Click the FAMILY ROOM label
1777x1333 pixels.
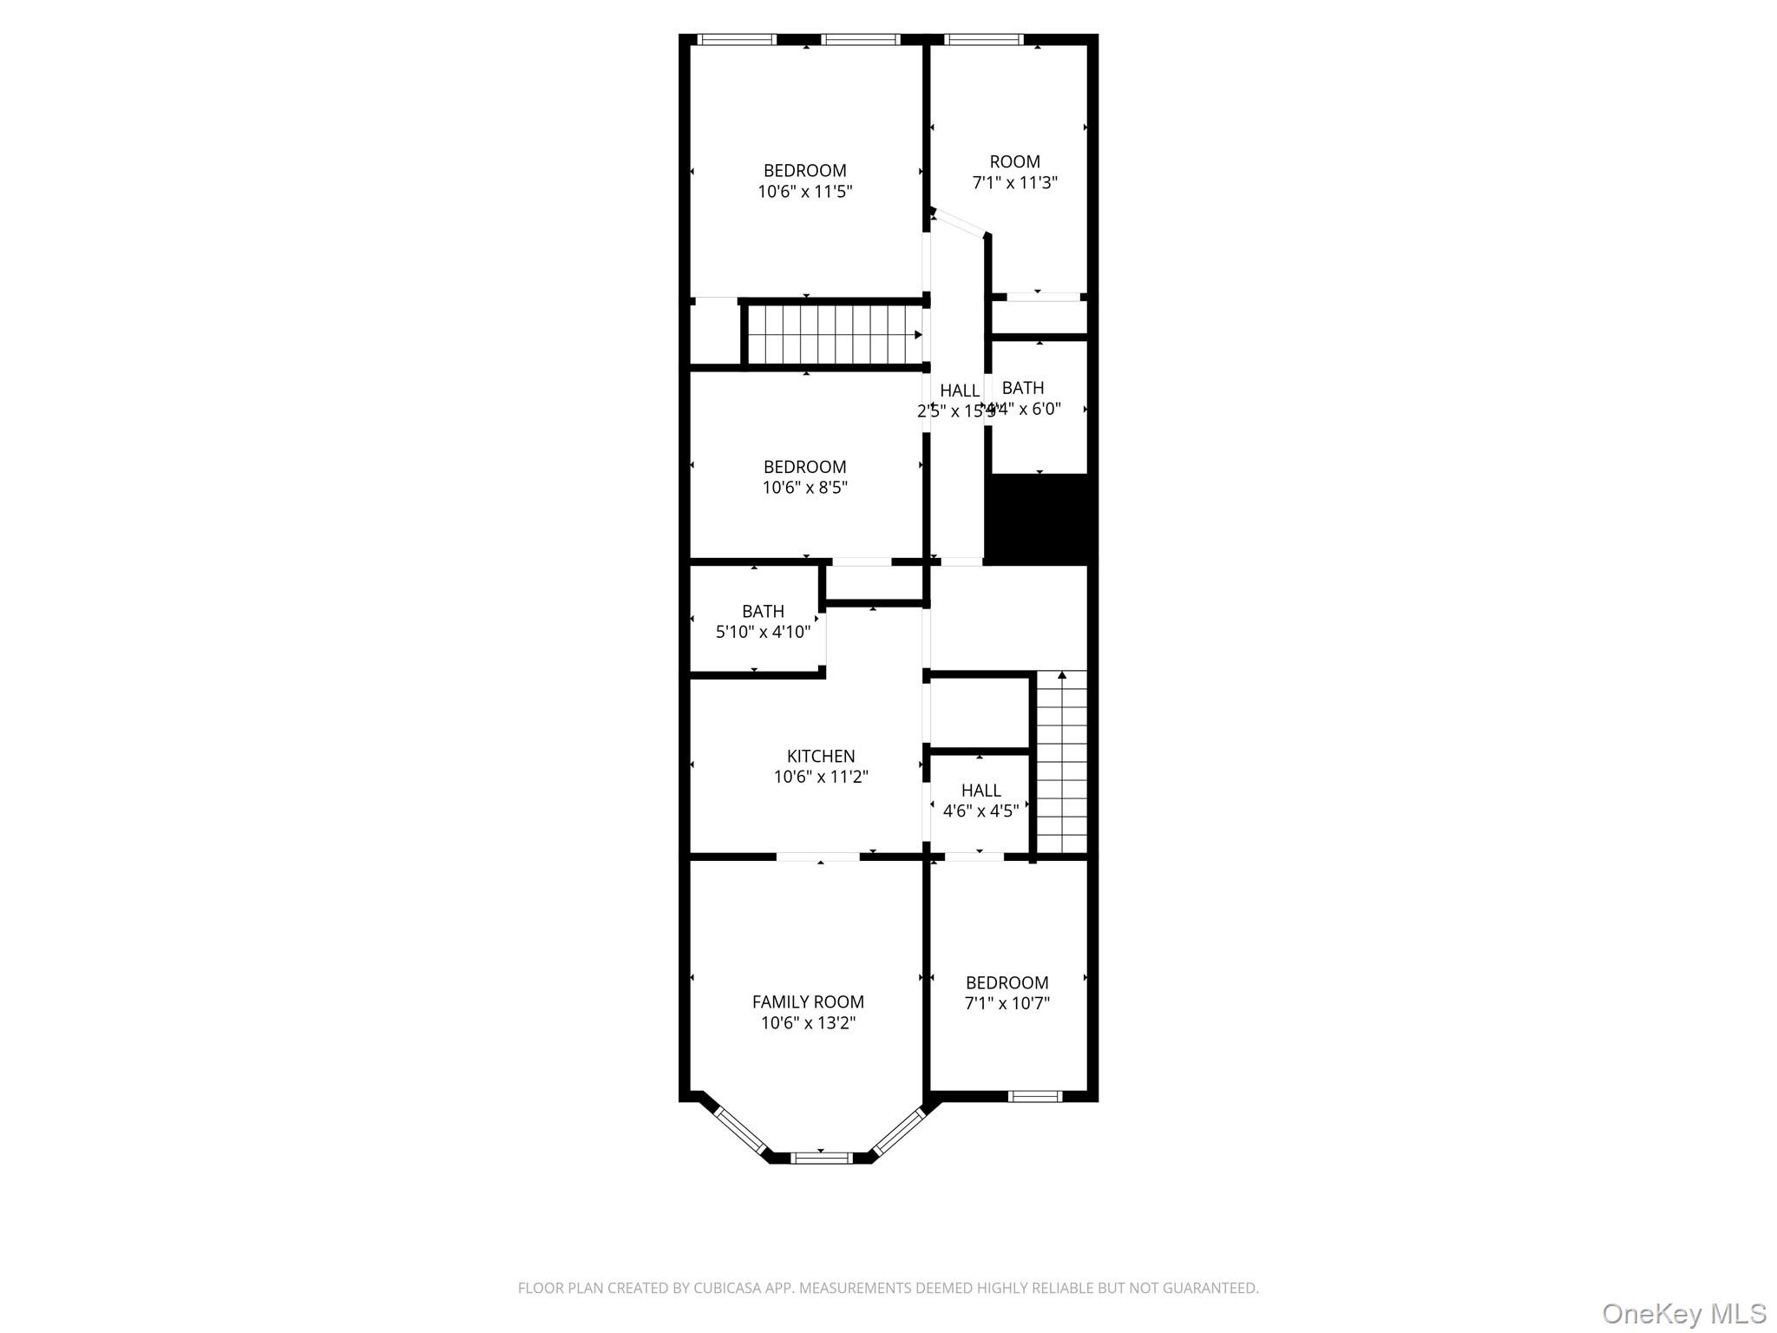pyautogui.click(x=808, y=1001)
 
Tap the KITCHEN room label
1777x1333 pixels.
pyautogui.click(x=821, y=756)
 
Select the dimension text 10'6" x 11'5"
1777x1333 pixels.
pyautogui.click(x=805, y=192)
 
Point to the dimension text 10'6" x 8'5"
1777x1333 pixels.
pyautogui.click(x=805, y=488)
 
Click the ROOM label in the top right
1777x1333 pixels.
pyautogui.click(x=1015, y=161)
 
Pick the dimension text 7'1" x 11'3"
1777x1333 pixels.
pyautogui.click(x=1015, y=183)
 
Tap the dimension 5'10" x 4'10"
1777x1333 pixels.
pyautogui.click(x=763, y=632)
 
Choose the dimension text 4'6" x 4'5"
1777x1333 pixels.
pyautogui.click(x=980, y=811)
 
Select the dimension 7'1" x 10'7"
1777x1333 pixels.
pyautogui.click(x=1007, y=1004)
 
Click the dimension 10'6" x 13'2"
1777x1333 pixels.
pyautogui.click(x=808, y=1023)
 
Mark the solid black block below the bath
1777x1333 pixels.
pyautogui.click(x=1039, y=518)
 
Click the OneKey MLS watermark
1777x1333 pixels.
pyautogui.click(x=1684, y=1313)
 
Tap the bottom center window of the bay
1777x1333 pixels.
pyautogui.click(x=822, y=1157)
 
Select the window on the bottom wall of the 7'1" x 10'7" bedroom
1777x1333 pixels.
pyautogui.click(x=1034, y=1096)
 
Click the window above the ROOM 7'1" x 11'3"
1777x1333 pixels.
pyautogui.click(x=984, y=39)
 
